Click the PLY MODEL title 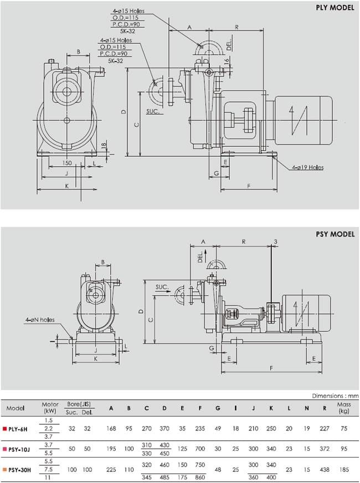click(335, 7)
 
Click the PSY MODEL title click(335, 234)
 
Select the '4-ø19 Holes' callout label click(307, 167)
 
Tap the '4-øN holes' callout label click(40, 320)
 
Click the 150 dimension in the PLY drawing click(67, 163)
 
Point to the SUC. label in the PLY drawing click(153, 111)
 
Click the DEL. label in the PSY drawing click(201, 256)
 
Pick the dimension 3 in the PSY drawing click(275, 242)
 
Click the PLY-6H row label click(18, 429)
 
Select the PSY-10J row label click(19, 449)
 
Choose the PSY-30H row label click(19, 470)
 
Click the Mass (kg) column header click(344, 408)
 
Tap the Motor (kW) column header click(50, 408)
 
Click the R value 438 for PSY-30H click(325, 470)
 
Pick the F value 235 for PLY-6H click(200, 429)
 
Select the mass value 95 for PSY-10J click(344, 449)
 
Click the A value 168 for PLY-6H click(111, 429)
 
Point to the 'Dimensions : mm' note click(336, 395)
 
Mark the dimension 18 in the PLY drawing click(104, 145)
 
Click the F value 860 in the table click(200, 477)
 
